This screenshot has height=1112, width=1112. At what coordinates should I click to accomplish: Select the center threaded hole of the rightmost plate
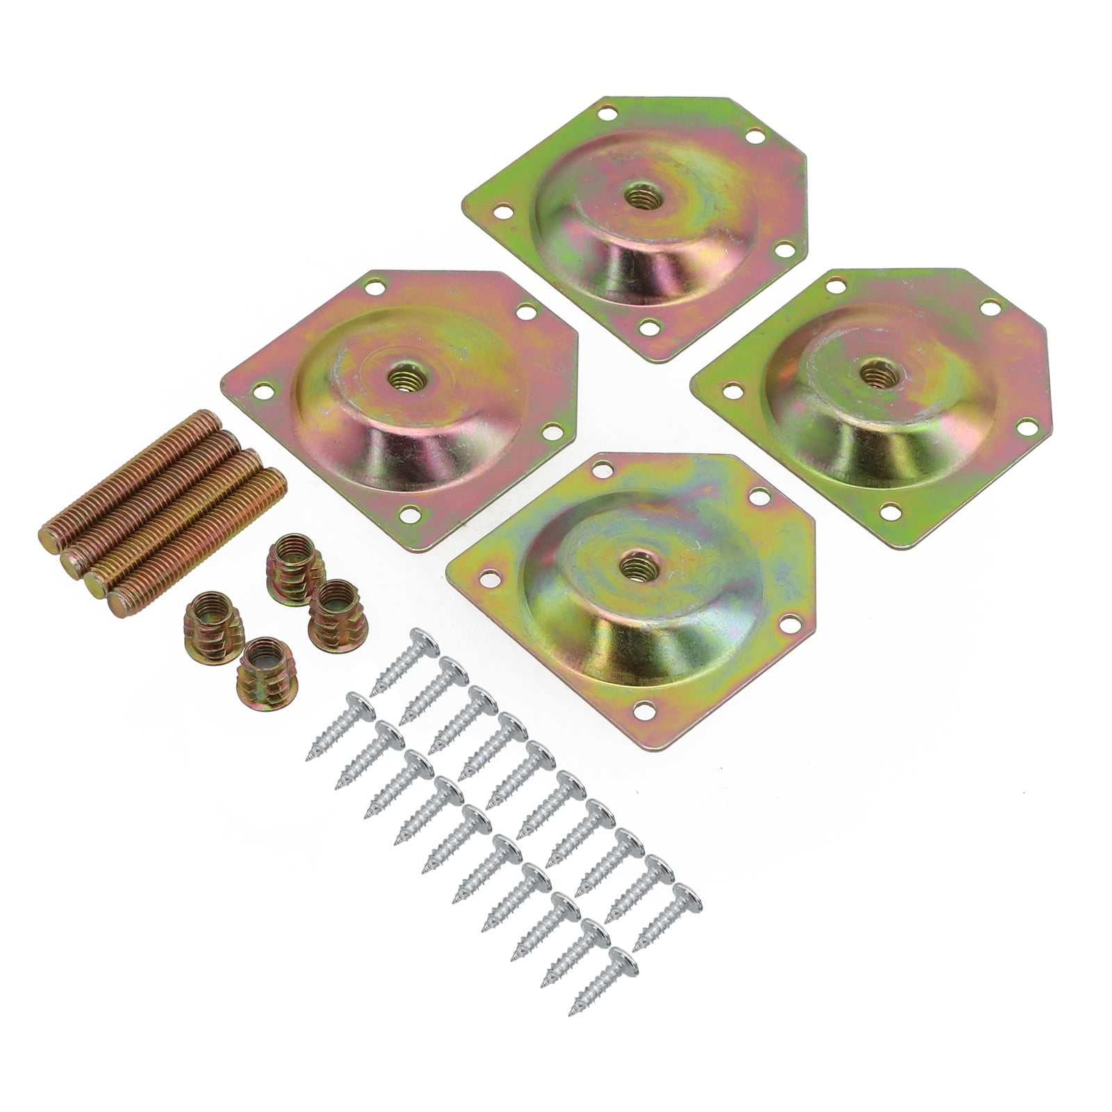click(869, 374)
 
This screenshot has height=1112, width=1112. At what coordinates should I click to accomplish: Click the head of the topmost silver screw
click(420, 638)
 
